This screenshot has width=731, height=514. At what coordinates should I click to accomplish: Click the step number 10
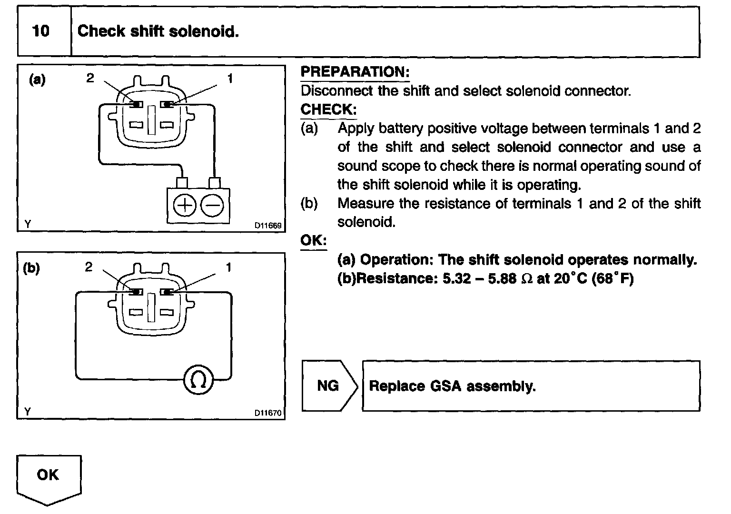40,31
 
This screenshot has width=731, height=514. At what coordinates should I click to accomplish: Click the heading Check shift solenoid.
158,31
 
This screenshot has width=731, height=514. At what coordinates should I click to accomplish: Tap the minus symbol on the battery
212,206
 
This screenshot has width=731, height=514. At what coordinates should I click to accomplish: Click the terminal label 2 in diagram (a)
90,78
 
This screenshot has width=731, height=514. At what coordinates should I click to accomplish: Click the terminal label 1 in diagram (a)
230,78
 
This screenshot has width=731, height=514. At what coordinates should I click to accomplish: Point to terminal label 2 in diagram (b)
89,267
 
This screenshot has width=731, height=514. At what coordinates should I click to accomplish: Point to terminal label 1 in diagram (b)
228,267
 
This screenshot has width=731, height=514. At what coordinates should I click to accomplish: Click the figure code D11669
268,226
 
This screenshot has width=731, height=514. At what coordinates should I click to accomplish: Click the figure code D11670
268,413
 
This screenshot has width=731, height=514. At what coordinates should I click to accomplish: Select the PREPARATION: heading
355,72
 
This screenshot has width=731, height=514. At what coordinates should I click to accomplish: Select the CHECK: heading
328,109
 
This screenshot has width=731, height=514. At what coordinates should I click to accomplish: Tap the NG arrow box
328,385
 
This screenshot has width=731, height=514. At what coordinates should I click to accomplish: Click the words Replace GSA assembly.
452,386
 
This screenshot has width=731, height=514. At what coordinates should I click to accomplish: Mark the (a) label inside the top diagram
37,79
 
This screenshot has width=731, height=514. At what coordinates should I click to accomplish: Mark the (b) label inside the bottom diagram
31,268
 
